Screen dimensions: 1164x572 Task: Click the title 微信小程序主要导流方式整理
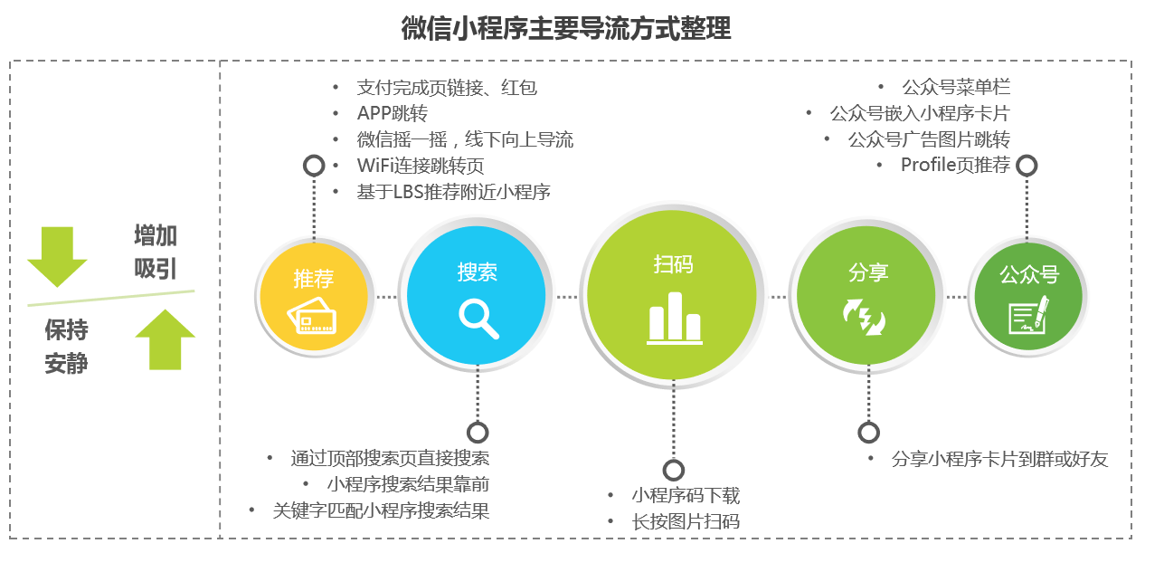[x=566, y=28]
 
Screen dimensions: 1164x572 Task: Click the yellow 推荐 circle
[x=314, y=296]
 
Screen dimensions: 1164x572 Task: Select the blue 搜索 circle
[x=476, y=295]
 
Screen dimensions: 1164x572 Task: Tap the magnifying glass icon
[x=478, y=319]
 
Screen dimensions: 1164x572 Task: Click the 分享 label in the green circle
[x=868, y=272]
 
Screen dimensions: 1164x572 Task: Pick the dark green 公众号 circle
[x=1027, y=296]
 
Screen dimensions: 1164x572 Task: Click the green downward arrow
[x=57, y=256]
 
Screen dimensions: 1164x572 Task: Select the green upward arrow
[x=165, y=339]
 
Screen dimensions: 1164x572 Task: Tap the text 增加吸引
[x=156, y=253]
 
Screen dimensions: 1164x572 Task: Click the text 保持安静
[x=66, y=347]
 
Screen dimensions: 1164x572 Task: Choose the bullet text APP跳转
[x=393, y=113]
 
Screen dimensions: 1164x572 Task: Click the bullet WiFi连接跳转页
[x=421, y=166]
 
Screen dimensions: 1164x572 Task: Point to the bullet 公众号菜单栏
[x=956, y=87]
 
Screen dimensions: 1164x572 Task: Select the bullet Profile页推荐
[x=955, y=165]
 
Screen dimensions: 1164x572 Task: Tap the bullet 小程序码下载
[x=686, y=495]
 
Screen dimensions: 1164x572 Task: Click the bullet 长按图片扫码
[x=686, y=521]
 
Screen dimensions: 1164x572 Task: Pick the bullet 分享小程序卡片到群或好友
[x=999, y=459]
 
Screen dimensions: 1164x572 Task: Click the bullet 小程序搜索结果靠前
[x=408, y=484]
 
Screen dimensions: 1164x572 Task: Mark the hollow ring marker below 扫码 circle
[x=674, y=471]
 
